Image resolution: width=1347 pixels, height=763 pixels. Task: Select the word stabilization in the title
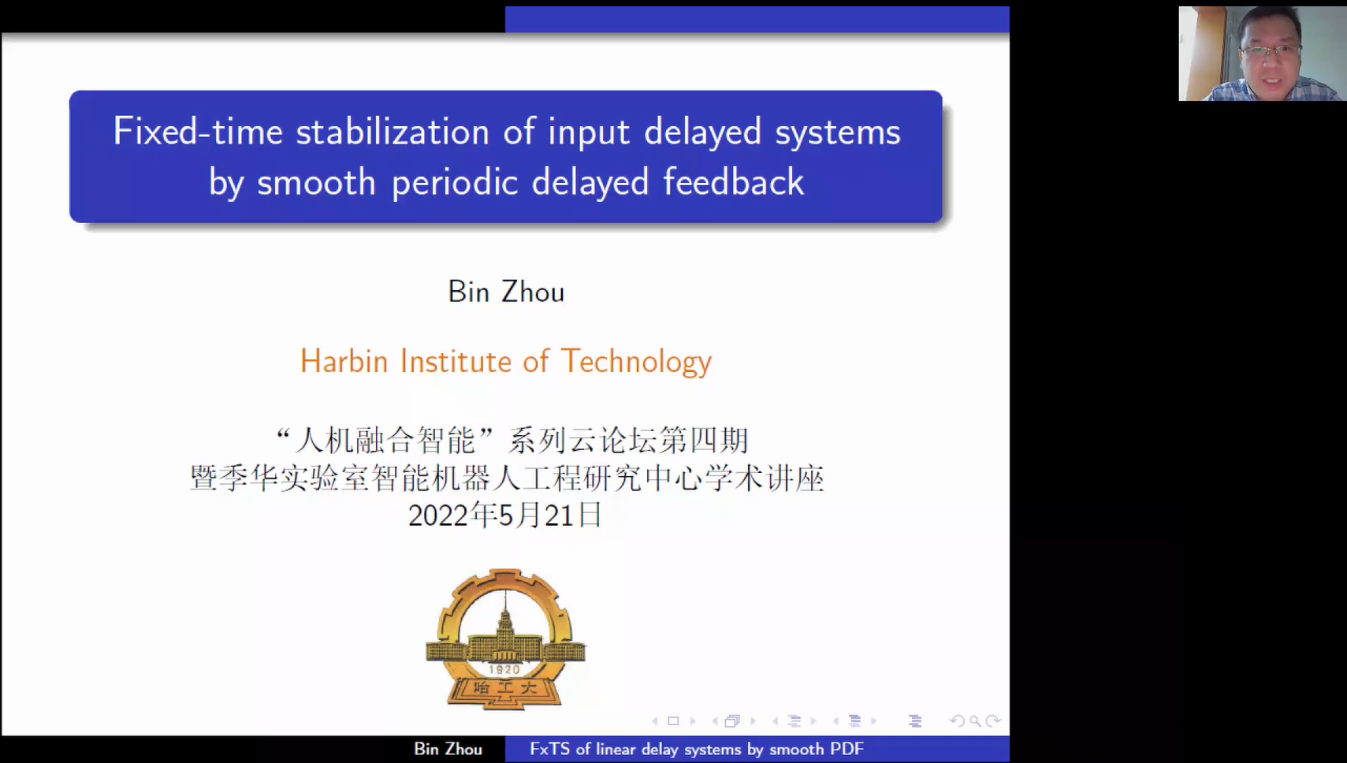393,132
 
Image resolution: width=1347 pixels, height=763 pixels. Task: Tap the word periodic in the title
455,183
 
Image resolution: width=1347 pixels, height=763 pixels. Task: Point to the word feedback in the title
734,181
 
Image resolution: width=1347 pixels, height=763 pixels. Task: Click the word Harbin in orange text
344,361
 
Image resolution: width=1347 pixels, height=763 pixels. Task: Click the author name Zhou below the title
533,292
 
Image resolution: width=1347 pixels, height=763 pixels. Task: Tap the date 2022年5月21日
504,515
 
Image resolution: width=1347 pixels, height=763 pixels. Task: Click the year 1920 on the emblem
504,669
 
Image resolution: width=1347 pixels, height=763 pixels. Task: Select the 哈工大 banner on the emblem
504,688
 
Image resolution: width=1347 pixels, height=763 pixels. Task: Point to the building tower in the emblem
505,620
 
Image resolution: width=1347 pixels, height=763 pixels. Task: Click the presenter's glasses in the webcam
1270,51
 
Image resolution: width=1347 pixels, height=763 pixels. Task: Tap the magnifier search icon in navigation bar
975,720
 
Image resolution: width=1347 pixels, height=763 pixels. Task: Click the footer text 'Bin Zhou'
448,749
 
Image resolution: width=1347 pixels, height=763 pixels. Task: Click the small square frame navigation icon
673,720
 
